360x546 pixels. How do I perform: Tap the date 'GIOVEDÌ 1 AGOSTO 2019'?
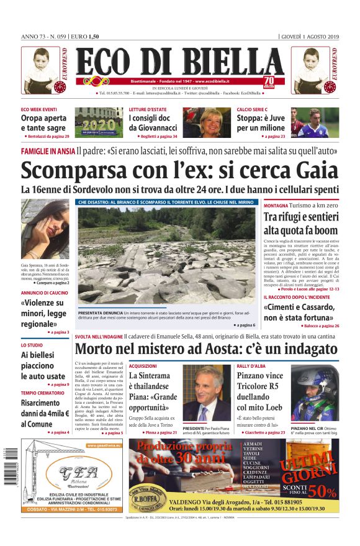(309, 36)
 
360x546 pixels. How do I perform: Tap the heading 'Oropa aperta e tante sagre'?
(43, 123)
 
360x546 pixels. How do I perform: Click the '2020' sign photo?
(99, 123)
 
